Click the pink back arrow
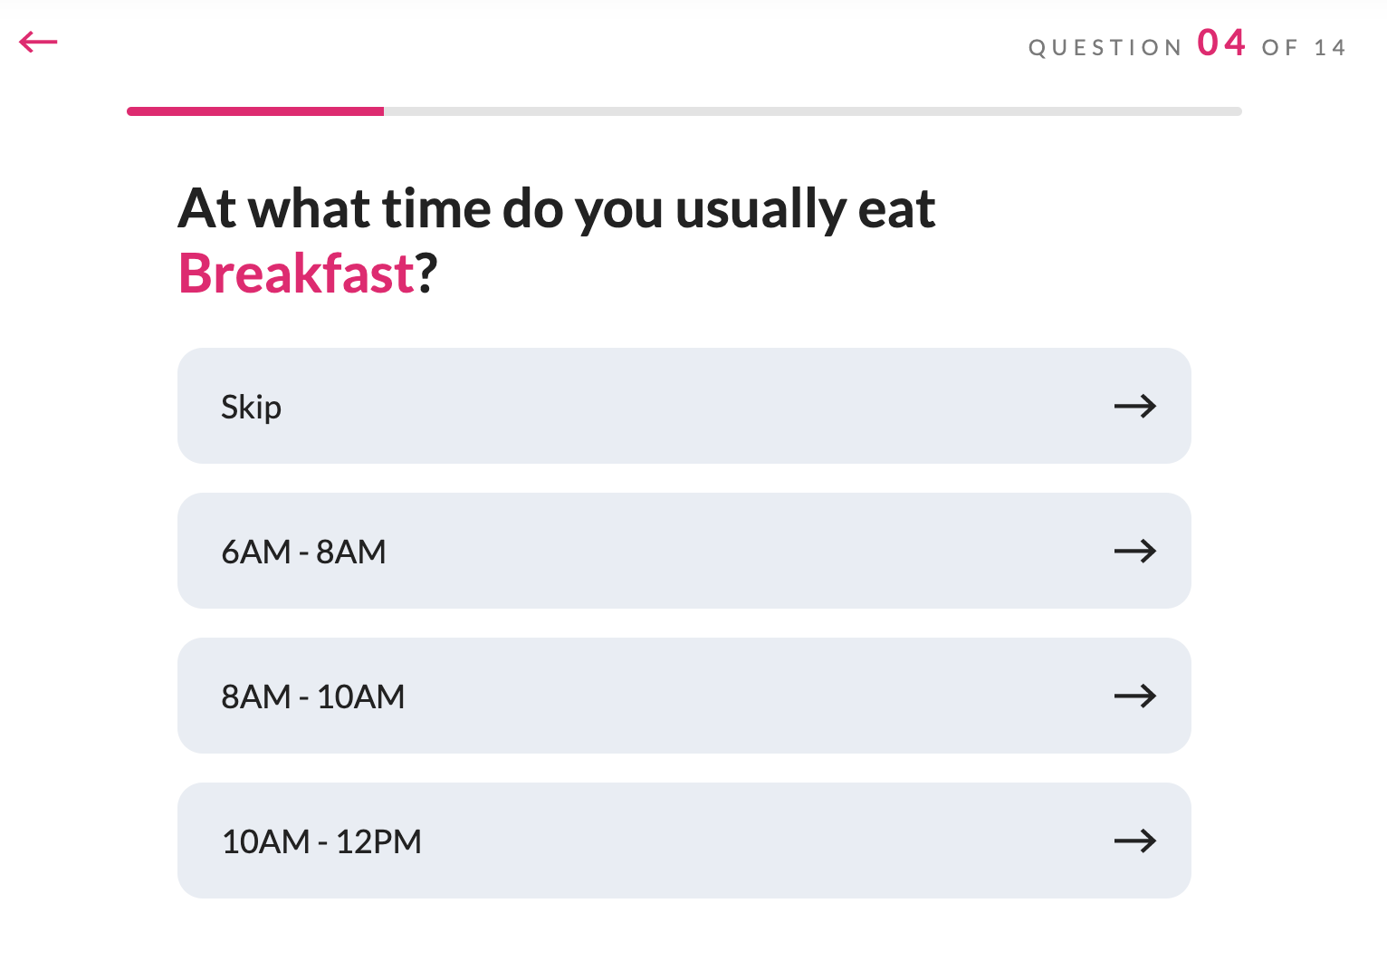(38, 43)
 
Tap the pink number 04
(1220, 43)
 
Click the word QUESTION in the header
(1105, 48)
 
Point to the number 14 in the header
(1329, 48)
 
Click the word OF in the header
(1279, 48)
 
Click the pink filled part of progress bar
(255, 111)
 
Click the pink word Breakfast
(296, 274)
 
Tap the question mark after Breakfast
(426, 274)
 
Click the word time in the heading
(437, 208)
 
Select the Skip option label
(252, 408)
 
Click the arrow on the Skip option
(1135, 407)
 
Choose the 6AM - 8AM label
(303, 552)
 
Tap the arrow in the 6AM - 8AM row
(1135, 551)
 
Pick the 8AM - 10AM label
(312, 697)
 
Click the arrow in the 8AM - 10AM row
(1135, 696)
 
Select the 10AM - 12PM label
(321, 841)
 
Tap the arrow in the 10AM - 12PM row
(1135, 841)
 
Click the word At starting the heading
(206, 208)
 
